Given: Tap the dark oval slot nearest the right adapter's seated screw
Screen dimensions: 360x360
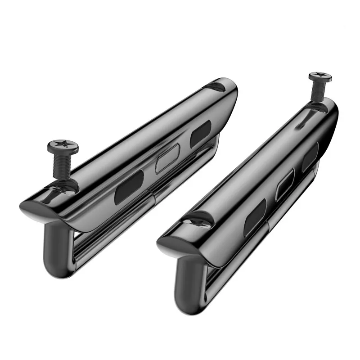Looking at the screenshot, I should tap(256, 215).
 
